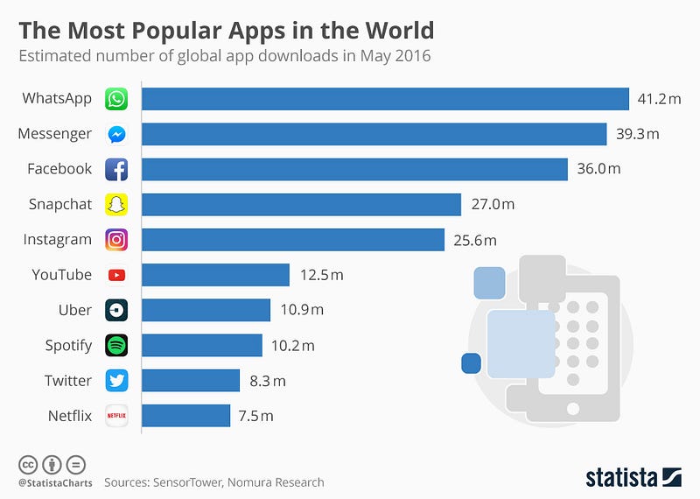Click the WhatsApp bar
(x=385, y=99)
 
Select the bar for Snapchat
(x=301, y=204)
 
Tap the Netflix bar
(x=185, y=415)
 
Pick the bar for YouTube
(x=215, y=275)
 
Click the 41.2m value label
(x=659, y=99)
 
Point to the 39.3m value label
(x=636, y=134)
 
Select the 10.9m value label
(x=300, y=310)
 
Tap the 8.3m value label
(x=267, y=381)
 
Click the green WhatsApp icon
(x=116, y=99)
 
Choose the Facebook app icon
(x=116, y=169)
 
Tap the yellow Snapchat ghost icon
(x=116, y=204)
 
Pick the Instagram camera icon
(x=116, y=239)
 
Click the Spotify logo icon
(x=116, y=345)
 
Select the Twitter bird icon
(x=116, y=381)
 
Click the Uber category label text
(x=74, y=310)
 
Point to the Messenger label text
(x=54, y=134)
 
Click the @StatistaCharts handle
(x=52, y=482)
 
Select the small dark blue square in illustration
(x=472, y=362)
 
